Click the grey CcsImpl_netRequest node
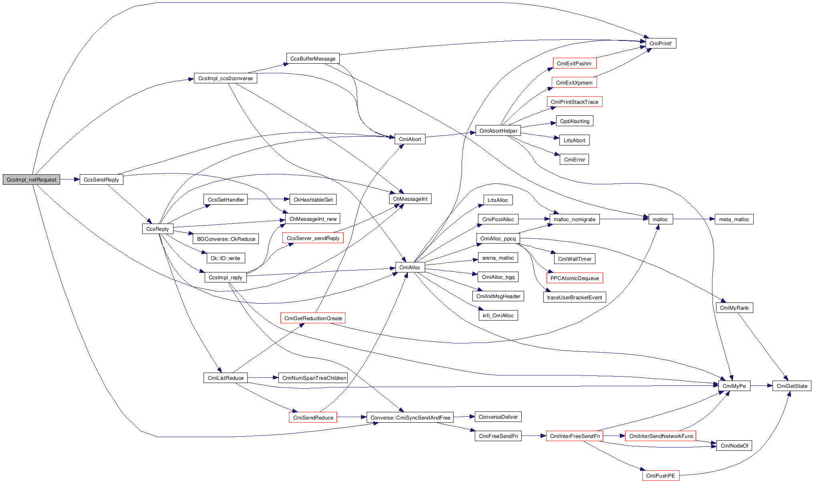pyautogui.click(x=31, y=179)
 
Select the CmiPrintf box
pyautogui.click(x=660, y=43)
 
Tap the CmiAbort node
pyautogui.click(x=410, y=139)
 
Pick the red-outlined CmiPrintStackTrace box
pyautogui.click(x=574, y=102)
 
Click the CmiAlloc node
pyautogui.click(x=410, y=267)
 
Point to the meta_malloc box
pyautogui.click(x=734, y=219)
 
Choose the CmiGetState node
pyautogui.click(x=792, y=386)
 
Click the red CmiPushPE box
pyautogui.click(x=660, y=476)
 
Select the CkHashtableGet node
pyautogui.click(x=313, y=200)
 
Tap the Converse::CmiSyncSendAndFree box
pyautogui.click(x=410, y=417)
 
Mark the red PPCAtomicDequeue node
pyautogui.click(x=574, y=278)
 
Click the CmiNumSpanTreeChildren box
pyautogui.click(x=314, y=378)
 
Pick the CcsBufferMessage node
pyautogui.click(x=313, y=58)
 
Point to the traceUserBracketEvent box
pyautogui.click(x=574, y=297)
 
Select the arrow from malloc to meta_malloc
pyautogui.click(x=694, y=219)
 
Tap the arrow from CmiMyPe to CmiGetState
pyautogui.click(x=761, y=386)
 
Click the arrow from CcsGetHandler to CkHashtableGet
pyautogui.click(x=268, y=199)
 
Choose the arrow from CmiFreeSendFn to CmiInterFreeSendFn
pyautogui.click(x=534, y=436)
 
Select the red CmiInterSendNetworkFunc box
pyautogui.click(x=661, y=436)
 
